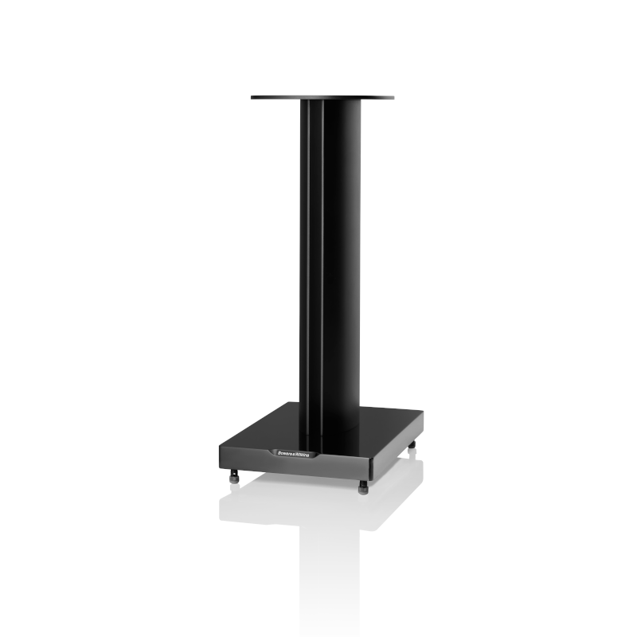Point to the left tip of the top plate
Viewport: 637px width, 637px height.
pyautogui.click(x=252, y=98)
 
